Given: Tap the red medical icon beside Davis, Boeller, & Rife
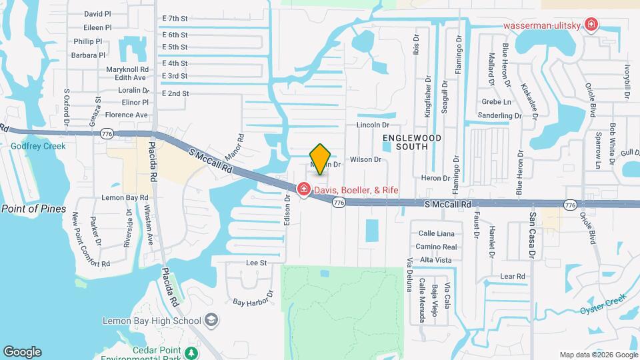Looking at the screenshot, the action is point(304,191).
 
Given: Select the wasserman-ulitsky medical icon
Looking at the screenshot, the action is point(590,25).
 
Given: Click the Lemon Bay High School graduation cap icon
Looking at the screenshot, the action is point(211,321).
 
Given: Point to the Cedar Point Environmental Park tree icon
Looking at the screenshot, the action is point(193,352).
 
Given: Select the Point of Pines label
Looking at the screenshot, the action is point(34,209).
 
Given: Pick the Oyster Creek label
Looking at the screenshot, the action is point(603,309).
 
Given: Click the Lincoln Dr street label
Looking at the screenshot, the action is point(373,125).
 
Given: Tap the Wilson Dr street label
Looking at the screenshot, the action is point(365,160).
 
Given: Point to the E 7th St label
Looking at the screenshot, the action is point(175,19).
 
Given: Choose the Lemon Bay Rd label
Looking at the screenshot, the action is point(125,198).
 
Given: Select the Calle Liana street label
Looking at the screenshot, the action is point(436,233).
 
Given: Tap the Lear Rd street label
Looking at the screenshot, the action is point(513,276).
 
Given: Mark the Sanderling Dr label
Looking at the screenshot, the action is point(499,115).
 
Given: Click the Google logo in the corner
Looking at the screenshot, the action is point(22,352).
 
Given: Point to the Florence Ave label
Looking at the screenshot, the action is point(126,115).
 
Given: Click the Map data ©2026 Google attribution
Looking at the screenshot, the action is point(598,355).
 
